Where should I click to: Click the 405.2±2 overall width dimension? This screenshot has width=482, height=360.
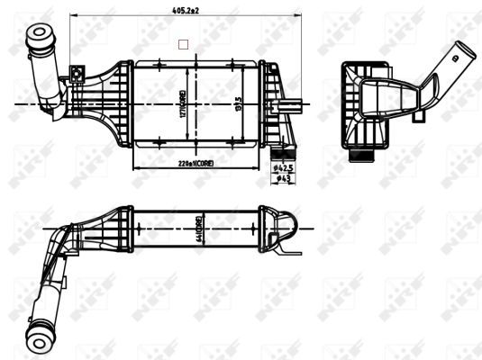point(180,10)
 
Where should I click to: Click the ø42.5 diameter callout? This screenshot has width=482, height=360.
point(285,167)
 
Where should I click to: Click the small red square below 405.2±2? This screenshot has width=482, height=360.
point(184,43)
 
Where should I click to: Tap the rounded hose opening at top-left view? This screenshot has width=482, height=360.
point(41,36)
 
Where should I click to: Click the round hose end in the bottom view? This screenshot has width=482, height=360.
point(41,337)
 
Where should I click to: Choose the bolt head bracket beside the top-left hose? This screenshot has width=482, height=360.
point(77,72)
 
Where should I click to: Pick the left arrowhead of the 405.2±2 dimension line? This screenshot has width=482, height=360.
point(74,17)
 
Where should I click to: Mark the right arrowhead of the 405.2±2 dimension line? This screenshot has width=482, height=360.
point(288,17)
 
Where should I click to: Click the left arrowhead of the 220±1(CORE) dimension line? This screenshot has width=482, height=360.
point(136,168)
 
